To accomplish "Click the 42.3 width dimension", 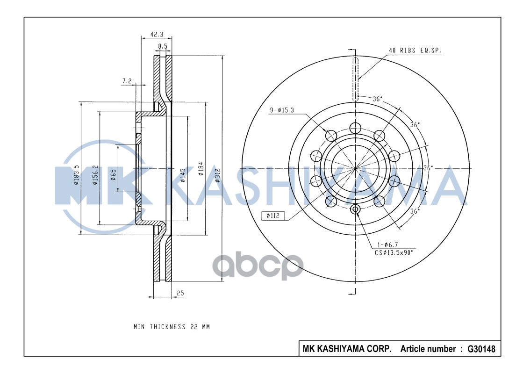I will (x=157, y=34).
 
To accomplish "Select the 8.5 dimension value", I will (x=163, y=46).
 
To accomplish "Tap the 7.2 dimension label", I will (x=127, y=81).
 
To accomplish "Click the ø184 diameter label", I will (x=201, y=169).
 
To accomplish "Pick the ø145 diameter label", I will (x=183, y=175).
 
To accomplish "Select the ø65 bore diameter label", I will (x=113, y=175).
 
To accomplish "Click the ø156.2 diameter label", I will (x=95, y=175).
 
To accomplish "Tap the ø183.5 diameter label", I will (x=76, y=175).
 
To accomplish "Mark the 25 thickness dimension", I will (x=180, y=294).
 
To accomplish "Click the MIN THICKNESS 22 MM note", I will (x=172, y=327).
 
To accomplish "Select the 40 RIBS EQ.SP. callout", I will (x=415, y=50).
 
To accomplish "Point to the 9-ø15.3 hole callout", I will (x=281, y=110).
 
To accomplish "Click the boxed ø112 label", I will (x=272, y=216).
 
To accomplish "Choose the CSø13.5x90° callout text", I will (x=394, y=252).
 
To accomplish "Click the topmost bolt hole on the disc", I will (x=356, y=128).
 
